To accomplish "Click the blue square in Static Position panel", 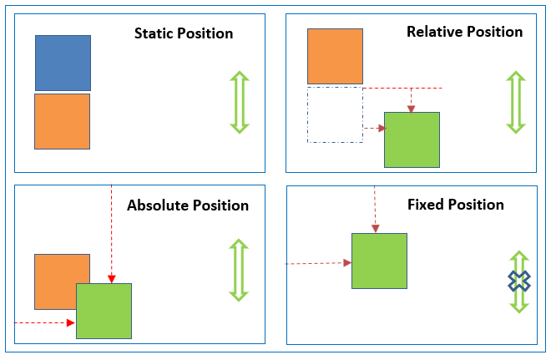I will (63, 63).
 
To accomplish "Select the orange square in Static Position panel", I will (62, 121).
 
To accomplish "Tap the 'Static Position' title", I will (184, 34).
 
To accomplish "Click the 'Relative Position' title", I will (464, 33).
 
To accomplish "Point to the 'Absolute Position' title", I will (187, 205).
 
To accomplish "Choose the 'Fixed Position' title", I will (455, 205).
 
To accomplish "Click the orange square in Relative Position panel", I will (335, 56).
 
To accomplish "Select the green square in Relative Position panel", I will (412, 139).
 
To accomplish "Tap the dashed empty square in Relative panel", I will (335, 114).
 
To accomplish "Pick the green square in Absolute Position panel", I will (104, 311).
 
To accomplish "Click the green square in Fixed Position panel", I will (379, 261).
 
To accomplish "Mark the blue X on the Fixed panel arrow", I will (519, 281).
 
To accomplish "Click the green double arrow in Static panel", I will (240, 102).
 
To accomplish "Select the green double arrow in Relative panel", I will (516, 102).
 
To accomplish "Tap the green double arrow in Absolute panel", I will (240, 270).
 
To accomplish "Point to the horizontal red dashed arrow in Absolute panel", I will (45, 322).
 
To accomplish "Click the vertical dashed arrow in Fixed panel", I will (376, 209).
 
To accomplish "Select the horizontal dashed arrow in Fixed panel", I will (317, 263).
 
